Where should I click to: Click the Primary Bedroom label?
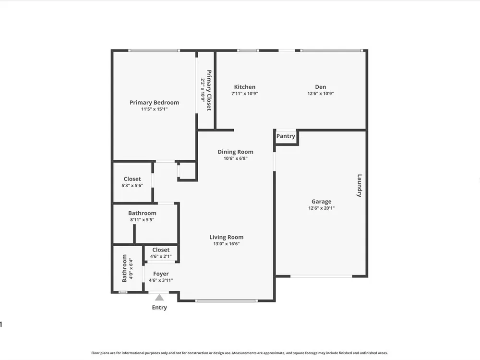pyautogui.click(x=154, y=103)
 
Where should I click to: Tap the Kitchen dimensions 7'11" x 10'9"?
pyautogui.click(x=245, y=94)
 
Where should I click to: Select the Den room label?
pyautogui.click(x=321, y=87)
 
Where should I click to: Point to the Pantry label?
pyautogui.click(x=286, y=136)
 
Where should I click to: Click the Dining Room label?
pyautogui.click(x=235, y=152)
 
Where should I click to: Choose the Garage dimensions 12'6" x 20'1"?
pyautogui.click(x=322, y=208)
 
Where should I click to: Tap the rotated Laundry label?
pyautogui.click(x=360, y=185)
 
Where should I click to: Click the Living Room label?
pyautogui.click(x=227, y=237)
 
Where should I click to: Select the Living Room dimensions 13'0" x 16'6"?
pyautogui.click(x=227, y=244)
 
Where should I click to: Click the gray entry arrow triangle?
pyautogui.click(x=159, y=298)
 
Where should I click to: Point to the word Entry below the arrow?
pyautogui.click(x=159, y=307)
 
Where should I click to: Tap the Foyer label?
pyautogui.click(x=161, y=274)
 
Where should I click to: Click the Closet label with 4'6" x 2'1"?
pyautogui.click(x=161, y=250)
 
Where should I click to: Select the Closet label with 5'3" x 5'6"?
pyautogui.click(x=132, y=179)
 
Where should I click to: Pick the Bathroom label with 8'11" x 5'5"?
pyautogui.click(x=143, y=213)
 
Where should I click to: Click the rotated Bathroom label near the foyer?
pyautogui.click(x=125, y=268)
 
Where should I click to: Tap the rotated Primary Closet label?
pyautogui.click(x=209, y=90)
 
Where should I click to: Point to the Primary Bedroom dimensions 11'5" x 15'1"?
pyautogui.click(x=154, y=109)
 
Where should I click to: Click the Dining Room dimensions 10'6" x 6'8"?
pyautogui.click(x=235, y=158)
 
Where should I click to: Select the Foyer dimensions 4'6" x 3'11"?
pyautogui.click(x=161, y=280)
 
